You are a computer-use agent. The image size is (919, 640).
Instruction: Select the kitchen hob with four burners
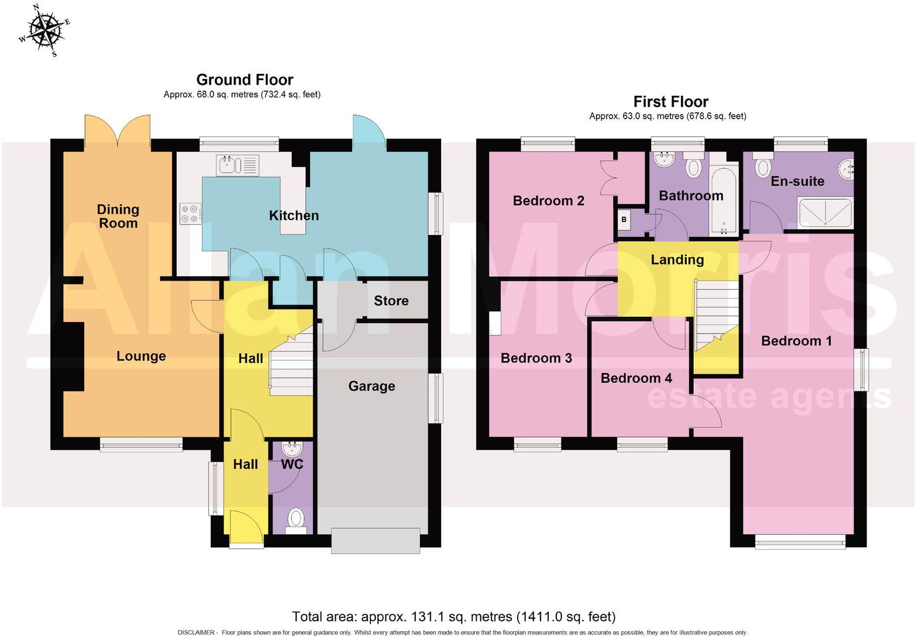[x=190, y=213]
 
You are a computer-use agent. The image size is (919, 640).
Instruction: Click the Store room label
[x=391, y=301]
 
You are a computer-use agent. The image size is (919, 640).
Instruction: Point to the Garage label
[x=371, y=386]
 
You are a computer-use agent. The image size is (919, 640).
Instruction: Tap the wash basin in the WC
[x=291, y=449]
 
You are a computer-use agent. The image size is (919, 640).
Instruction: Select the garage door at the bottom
[x=376, y=541]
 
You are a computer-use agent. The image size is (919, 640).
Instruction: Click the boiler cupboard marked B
[x=624, y=220]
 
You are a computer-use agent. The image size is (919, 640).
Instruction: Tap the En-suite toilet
[x=763, y=167]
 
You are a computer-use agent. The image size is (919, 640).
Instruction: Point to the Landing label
[x=677, y=260]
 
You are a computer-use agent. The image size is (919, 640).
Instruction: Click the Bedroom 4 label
[x=636, y=379]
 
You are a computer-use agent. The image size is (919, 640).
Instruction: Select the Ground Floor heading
[x=245, y=79]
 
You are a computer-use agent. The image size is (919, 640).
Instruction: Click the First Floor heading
[x=670, y=102]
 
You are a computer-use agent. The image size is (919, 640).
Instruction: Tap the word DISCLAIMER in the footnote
[x=197, y=632]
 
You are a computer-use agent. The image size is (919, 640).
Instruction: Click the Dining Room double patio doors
[x=118, y=132]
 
